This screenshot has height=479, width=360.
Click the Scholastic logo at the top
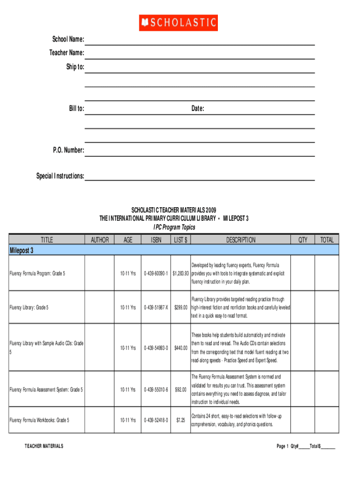pos(178,22)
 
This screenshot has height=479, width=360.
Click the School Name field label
pos(65,39)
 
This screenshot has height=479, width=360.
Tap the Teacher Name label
pos(67,53)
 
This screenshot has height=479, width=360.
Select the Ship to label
pos(75,67)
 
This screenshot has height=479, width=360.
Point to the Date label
pos(197,109)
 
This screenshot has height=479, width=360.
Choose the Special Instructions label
pos(60,176)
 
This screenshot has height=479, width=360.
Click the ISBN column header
pos(157,240)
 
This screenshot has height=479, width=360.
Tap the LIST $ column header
pos(180,240)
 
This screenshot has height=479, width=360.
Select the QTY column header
pos(303,240)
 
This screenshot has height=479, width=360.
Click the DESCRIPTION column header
pos(241,240)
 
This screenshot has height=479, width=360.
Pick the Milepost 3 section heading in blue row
pos(22,250)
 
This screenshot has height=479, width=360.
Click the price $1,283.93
pos(180,273)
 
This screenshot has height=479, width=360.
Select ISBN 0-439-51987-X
pos(156,307)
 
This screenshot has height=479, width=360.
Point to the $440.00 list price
pos(181,348)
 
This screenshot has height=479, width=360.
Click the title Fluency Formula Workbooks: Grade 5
pos(39,420)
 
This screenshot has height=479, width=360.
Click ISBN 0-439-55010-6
pos(156,389)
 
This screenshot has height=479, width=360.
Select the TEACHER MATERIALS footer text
pos(44,446)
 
